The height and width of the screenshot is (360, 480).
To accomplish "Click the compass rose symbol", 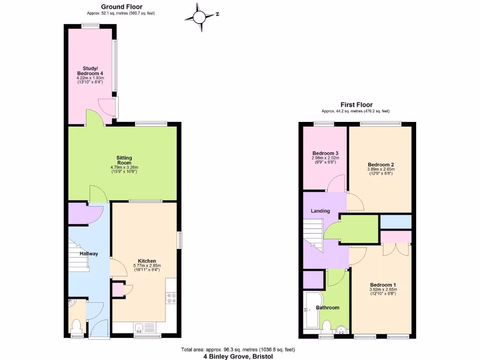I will point(199,17).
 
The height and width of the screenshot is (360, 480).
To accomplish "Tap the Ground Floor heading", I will point(121,7).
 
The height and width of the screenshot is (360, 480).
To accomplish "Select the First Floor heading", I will point(356,105).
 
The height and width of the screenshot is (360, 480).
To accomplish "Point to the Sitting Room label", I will point(124,160).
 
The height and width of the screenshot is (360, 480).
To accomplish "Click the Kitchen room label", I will point(147,261).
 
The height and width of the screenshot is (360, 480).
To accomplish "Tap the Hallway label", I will point(89,254).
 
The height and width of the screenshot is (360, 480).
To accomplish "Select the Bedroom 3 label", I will point(325,153).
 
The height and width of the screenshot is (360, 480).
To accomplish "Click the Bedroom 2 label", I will point(381,165).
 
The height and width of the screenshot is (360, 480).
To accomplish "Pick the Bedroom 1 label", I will point(383,285).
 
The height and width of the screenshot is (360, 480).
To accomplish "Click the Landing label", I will point(321,211).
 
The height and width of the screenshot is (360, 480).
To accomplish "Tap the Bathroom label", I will point(327,307).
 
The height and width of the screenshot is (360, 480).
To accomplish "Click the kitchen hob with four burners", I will point(171,300).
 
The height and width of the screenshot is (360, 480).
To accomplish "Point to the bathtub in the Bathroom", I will point(311,310).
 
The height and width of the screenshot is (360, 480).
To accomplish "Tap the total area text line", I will point(238,349).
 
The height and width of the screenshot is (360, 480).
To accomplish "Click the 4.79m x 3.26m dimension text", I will point(124,167).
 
